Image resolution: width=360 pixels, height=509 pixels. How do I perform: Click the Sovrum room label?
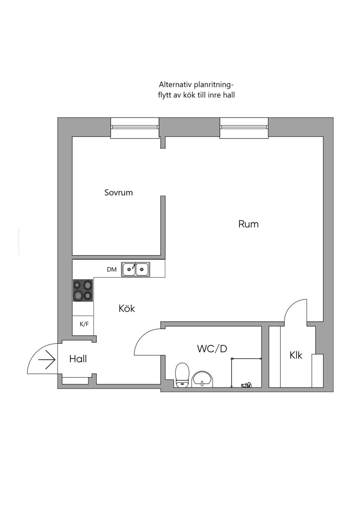[118, 193]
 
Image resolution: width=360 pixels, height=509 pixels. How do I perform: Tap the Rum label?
[248, 224]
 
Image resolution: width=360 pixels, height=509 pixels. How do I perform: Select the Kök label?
[127, 308]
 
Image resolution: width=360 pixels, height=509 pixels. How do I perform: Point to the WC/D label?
[212, 349]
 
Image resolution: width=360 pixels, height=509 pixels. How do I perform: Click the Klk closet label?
[296, 355]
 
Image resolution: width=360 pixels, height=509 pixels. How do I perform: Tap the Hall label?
[78, 359]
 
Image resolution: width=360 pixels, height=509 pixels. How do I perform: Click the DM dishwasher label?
[112, 270]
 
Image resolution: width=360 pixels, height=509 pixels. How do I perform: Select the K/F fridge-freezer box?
[84, 324]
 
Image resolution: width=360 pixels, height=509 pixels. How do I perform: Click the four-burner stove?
[83, 290]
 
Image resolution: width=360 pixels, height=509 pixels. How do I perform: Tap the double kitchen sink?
[135, 270]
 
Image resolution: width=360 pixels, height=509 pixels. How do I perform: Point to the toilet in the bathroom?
[182, 375]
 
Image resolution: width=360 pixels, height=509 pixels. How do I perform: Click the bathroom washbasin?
[202, 379]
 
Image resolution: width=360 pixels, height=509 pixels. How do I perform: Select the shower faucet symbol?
[246, 385]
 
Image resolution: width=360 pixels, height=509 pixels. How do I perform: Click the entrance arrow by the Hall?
[47, 359]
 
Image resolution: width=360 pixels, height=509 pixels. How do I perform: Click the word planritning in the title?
[211, 85]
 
